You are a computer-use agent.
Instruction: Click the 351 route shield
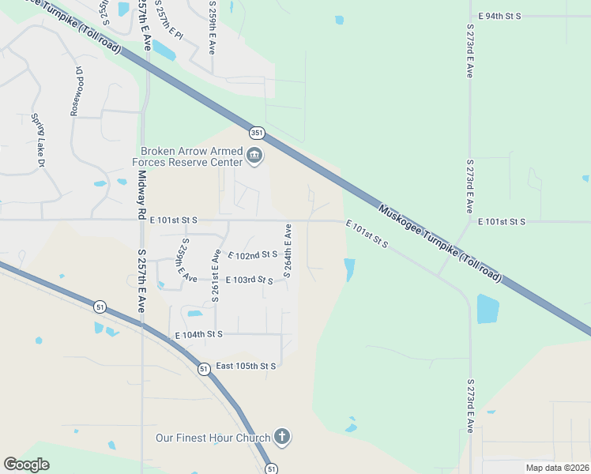256,133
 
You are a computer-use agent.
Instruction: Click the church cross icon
282,437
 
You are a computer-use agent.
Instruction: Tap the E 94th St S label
499,16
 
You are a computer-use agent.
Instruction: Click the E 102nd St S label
253,255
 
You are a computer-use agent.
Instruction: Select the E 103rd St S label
249,280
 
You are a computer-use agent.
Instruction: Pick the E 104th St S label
198,335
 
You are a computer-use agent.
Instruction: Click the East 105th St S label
246,366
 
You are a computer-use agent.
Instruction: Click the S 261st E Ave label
215,276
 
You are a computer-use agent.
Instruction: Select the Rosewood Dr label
77,91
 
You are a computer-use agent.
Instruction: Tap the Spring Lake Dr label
37,140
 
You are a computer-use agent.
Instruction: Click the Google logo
26,465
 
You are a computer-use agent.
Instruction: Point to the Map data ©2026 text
556,468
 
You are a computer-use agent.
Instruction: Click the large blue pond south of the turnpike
487,309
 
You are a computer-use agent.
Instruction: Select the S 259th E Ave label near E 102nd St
186,260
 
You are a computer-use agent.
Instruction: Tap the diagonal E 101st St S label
367,235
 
